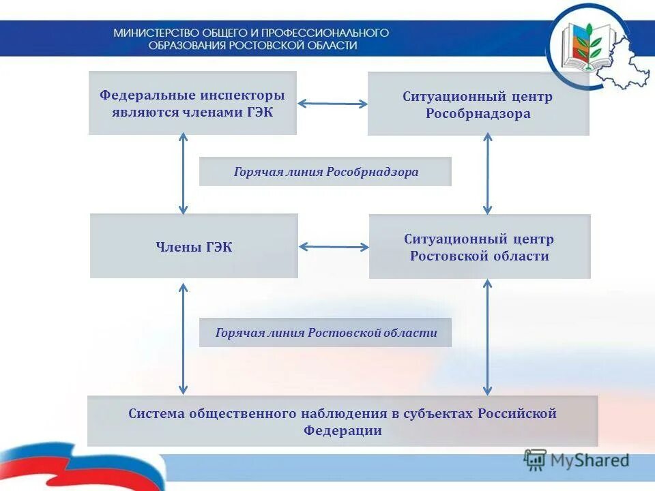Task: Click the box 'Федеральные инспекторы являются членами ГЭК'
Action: tap(192, 103)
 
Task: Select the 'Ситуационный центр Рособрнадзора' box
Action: tap(478, 104)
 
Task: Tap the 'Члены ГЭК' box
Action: tap(194, 246)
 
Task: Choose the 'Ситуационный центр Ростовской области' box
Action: tap(479, 247)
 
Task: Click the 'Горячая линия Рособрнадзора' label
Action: tap(325, 172)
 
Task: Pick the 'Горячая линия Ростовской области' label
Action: tap(325, 333)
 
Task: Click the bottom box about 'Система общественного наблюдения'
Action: tap(343, 421)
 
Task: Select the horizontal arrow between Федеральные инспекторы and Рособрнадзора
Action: tap(332, 104)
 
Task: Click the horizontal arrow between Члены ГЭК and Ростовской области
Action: tap(333, 247)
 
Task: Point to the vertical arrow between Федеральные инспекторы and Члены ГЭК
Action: tap(183, 174)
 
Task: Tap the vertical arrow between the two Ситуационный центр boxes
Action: tap(487, 174)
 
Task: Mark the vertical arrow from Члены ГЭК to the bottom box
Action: tap(183, 338)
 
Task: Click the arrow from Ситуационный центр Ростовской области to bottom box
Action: tap(487, 338)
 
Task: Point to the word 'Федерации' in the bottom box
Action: tap(343, 431)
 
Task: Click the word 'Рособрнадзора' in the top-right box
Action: tap(478, 114)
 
